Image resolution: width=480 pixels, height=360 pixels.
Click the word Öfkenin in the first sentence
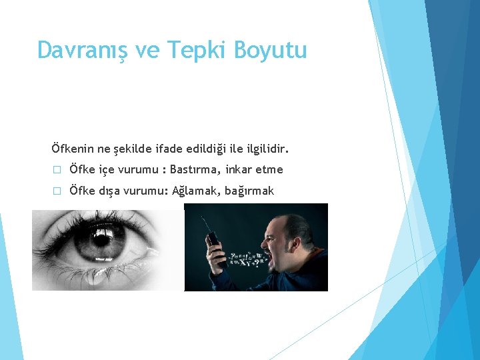(x=72, y=147)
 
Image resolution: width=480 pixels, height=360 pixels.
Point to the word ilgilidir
(x=269, y=147)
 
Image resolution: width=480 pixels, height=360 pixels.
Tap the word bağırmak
(x=249, y=192)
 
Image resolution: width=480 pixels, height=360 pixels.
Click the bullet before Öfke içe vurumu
(x=57, y=170)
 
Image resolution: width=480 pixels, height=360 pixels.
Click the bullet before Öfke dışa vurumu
(x=57, y=191)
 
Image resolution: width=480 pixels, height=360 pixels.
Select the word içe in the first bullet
(x=107, y=170)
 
